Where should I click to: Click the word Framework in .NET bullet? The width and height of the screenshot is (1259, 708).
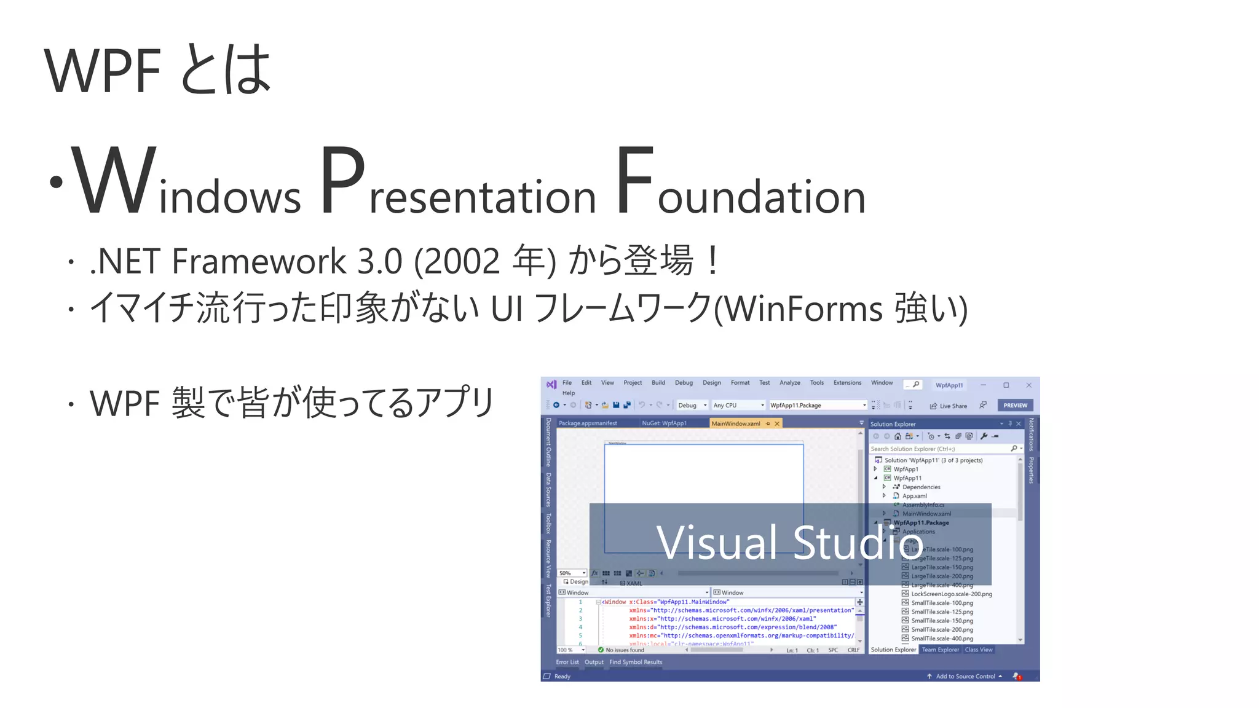[259, 261]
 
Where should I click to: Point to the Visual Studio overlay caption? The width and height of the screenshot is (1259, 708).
[789, 543]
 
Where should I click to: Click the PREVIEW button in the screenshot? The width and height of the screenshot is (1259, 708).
[1015, 406]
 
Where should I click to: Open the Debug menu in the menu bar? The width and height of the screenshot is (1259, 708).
[684, 383]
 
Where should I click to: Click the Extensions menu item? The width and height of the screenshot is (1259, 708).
[847, 383]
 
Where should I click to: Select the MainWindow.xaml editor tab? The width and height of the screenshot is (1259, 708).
[736, 423]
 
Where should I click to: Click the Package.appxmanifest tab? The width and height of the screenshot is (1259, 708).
[588, 423]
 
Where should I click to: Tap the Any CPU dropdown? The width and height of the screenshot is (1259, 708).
[738, 406]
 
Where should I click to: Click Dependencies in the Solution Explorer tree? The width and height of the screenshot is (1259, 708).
[921, 487]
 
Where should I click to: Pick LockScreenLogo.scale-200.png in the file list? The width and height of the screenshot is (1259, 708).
[951, 594]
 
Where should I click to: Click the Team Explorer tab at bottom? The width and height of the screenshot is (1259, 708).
[940, 650]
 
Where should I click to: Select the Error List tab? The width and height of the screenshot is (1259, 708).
[567, 663]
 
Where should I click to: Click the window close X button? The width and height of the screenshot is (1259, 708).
[1028, 385]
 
